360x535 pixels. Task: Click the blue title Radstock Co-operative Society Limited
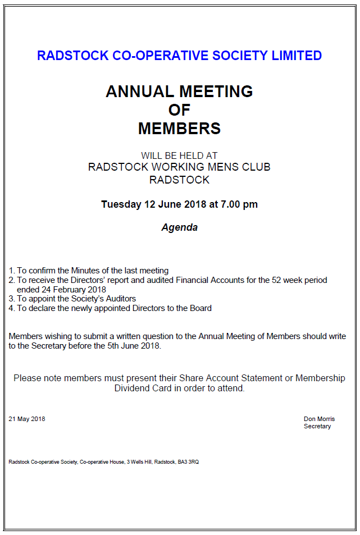tap(179, 56)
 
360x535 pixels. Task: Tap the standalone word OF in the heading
tap(179, 110)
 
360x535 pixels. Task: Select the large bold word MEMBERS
tap(179, 129)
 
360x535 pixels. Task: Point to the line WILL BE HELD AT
tap(179, 156)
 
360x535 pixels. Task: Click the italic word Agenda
tap(179, 228)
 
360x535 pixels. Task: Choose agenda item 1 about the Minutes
tap(89, 271)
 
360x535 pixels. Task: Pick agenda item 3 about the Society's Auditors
tap(72, 299)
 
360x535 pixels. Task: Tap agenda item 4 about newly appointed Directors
tap(110, 308)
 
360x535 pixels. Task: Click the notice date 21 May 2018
tap(27, 419)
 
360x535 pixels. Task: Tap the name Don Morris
tap(319, 419)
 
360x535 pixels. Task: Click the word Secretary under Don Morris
tap(317, 426)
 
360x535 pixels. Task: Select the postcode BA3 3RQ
tap(188, 462)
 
